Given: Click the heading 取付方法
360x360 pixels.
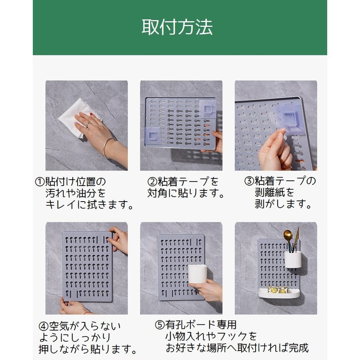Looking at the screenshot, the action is click(x=177, y=27).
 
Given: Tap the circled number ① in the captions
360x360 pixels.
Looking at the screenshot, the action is click(x=40, y=182).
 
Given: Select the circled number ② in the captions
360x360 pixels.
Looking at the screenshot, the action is click(x=152, y=182).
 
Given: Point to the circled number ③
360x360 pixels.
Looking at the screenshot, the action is click(x=249, y=181).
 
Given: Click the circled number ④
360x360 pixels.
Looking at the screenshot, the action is click(x=43, y=326).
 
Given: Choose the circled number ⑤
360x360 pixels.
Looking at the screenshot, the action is click(x=160, y=325).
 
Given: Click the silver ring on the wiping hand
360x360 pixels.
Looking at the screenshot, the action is click(x=88, y=125).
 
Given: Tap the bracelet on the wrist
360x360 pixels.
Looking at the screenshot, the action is click(x=108, y=147).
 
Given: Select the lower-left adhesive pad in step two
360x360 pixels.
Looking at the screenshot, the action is click(x=152, y=136).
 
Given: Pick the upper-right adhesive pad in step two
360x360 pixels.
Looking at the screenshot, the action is click(x=208, y=108).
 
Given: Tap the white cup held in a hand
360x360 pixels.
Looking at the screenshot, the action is click(x=198, y=274).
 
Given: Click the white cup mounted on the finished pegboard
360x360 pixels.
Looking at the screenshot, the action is click(x=293, y=260).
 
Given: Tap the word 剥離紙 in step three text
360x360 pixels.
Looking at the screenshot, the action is click(x=270, y=192).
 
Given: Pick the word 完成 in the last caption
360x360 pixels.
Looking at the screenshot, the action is click(x=298, y=348).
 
